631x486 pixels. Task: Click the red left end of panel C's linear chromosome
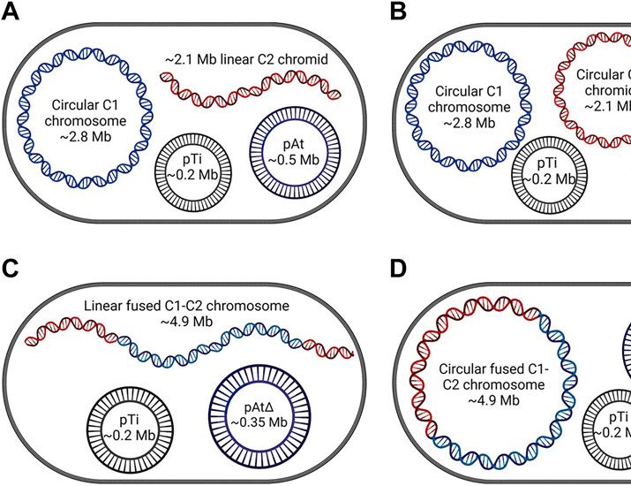click(35, 337)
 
